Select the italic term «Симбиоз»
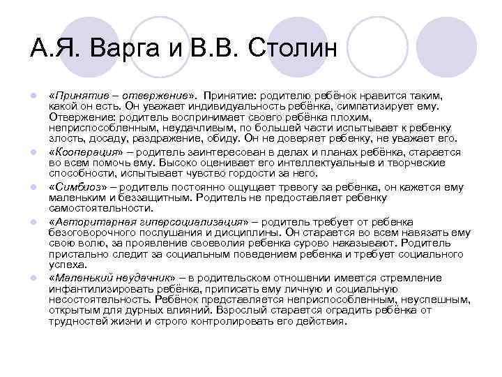75,188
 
